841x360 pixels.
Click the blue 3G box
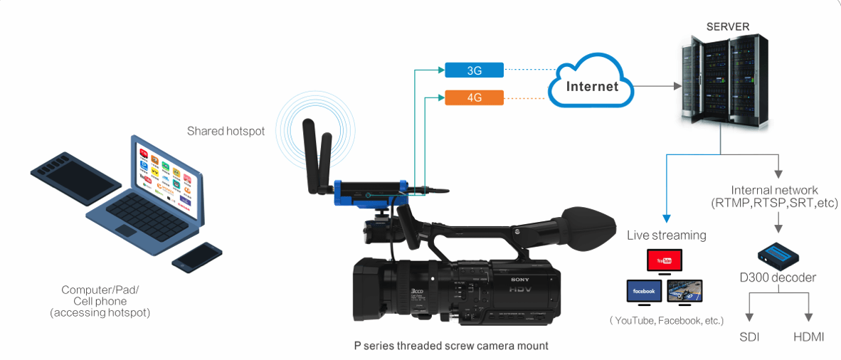475,70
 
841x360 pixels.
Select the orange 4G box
475,97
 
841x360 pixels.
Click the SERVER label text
727,27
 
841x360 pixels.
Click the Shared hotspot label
226,131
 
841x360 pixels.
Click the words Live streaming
666,235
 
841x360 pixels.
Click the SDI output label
749,337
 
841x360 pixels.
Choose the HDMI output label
809,337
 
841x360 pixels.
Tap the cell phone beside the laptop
197,258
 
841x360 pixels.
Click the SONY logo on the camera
521,279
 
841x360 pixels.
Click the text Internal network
774,191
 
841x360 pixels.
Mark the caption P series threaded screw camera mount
451,346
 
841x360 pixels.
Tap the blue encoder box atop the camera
370,193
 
